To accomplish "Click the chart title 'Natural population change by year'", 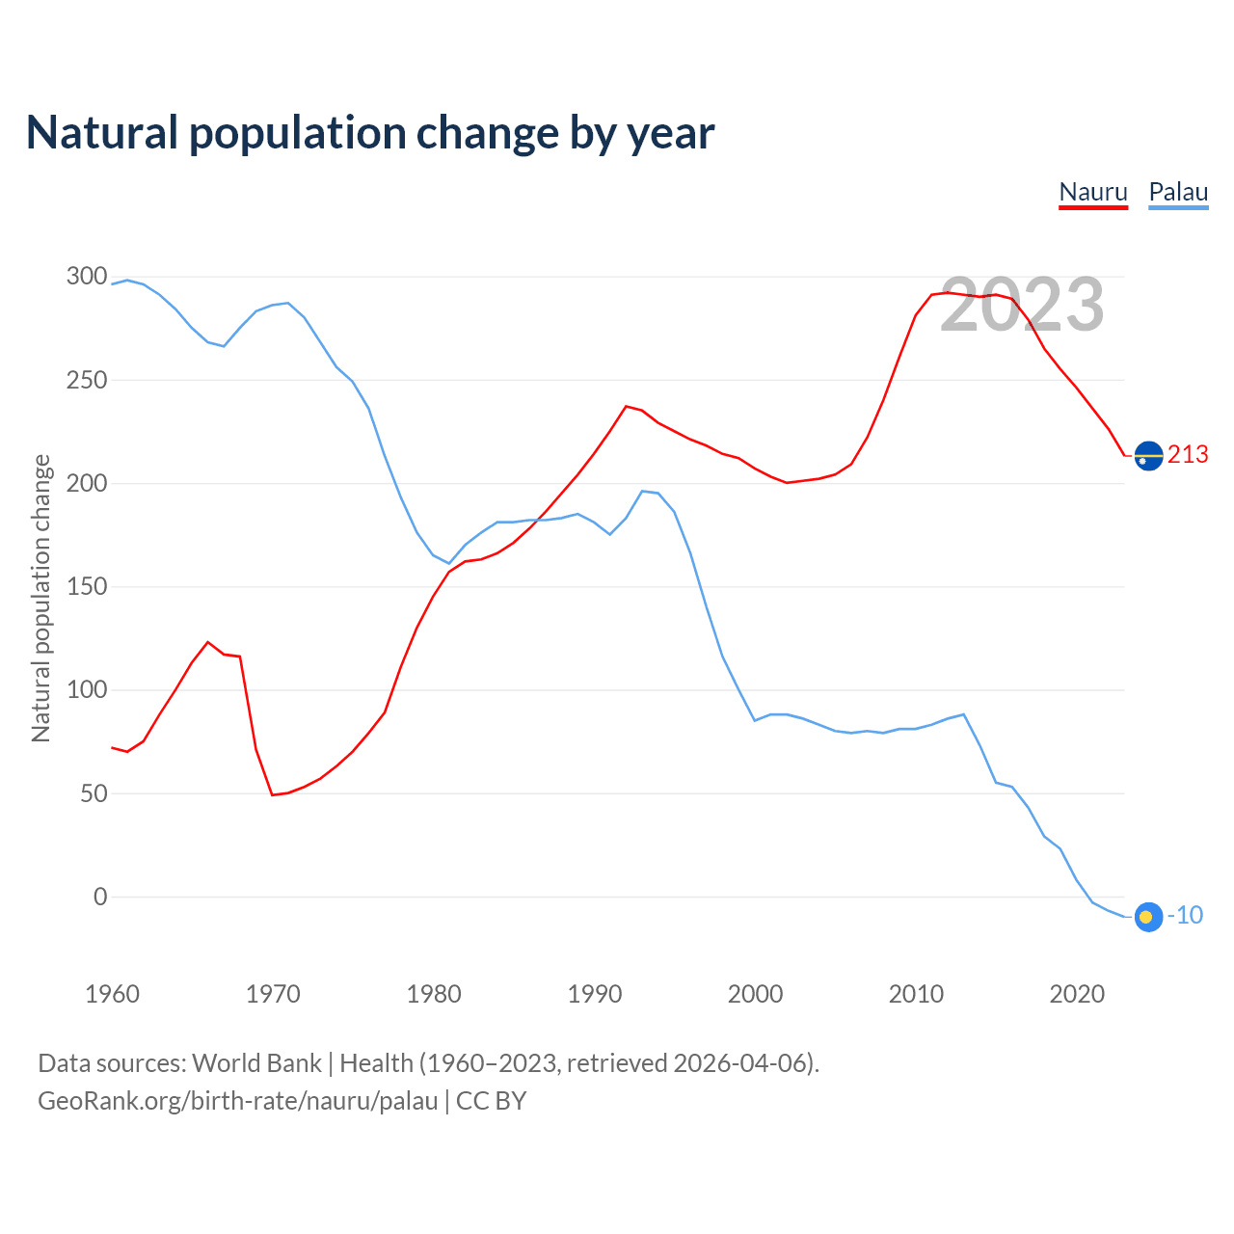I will [x=370, y=133].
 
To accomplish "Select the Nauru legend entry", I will [x=1093, y=192].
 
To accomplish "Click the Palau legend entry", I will [x=1178, y=192].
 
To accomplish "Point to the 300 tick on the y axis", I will [x=87, y=277].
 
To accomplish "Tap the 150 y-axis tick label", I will [x=87, y=587].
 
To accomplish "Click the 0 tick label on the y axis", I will [x=100, y=897].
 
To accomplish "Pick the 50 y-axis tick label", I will [x=94, y=793].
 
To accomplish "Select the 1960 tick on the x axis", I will [x=112, y=994].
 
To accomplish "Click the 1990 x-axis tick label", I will [x=595, y=994].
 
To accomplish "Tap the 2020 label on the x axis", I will [x=1077, y=994].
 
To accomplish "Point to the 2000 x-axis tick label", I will [x=755, y=994].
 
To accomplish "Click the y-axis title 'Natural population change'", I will [x=41, y=598].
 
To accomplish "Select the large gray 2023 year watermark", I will [x=1022, y=305].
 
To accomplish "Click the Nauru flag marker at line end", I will [x=1148, y=455].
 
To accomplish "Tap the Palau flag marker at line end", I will [x=1148, y=916].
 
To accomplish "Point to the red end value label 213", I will [x=1188, y=455].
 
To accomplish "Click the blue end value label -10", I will [x=1186, y=916].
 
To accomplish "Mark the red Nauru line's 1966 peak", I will [x=208, y=642].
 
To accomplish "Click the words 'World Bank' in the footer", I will [x=256, y=1063].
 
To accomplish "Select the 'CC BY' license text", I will [x=491, y=1101].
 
